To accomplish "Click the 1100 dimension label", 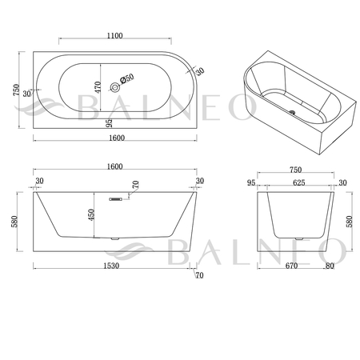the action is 115,36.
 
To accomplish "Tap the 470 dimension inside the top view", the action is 98,87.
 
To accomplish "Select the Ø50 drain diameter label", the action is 126,78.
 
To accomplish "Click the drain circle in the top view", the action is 115,87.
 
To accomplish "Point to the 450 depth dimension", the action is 91,214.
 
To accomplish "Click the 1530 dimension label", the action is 111,266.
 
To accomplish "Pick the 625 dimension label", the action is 298,182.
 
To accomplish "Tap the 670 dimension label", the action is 291,266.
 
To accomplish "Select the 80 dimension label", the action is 330,266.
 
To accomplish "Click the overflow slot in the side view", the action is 116,199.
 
